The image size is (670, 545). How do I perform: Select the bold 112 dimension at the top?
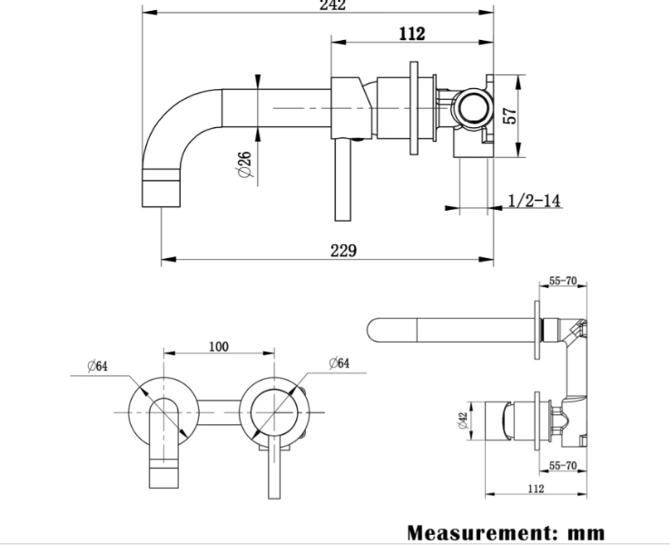[411, 35]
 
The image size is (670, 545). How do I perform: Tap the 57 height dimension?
[509, 115]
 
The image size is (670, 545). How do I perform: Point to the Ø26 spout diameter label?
[243, 164]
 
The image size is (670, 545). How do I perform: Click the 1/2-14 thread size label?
[534, 200]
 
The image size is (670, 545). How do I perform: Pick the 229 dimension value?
[343, 251]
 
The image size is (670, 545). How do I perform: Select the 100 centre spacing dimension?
[218, 347]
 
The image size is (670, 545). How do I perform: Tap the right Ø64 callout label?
[338, 363]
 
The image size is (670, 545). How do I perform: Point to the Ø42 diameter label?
[464, 421]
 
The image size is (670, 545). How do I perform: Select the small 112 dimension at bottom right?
[534, 489]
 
